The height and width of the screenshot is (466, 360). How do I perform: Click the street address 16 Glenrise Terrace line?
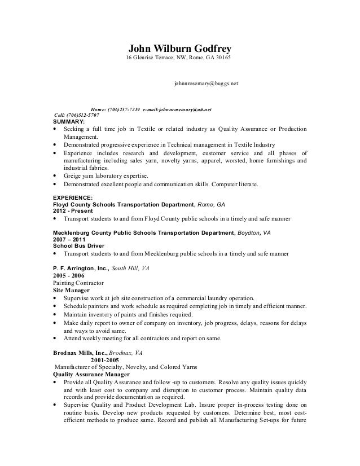[178, 59]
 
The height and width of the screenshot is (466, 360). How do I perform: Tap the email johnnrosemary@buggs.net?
[206, 83]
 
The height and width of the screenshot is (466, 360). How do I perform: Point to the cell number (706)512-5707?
[85, 115]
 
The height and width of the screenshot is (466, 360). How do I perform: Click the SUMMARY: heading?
[68, 121]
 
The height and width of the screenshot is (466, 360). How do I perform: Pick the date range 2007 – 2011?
[70, 239]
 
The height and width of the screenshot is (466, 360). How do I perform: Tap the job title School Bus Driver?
[78, 246]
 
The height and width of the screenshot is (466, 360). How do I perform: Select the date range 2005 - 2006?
[70, 275]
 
